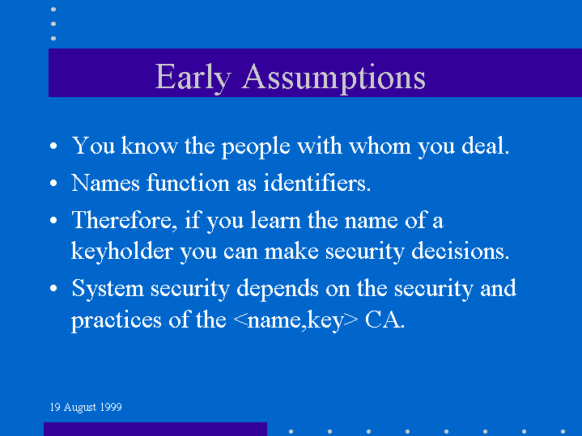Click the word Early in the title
[x=193, y=77]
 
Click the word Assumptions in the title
[x=333, y=77]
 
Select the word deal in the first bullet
[x=486, y=146]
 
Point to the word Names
[x=105, y=183]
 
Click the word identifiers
[x=317, y=183]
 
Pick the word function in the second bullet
[x=188, y=183]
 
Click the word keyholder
[x=122, y=252]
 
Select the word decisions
[x=461, y=252]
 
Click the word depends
[x=278, y=288]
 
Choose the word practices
[x=117, y=320]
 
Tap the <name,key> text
[x=296, y=320]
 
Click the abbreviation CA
[x=385, y=320]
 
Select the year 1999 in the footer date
[x=111, y=407]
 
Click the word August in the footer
[x=80, y=408]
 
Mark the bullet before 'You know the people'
[x=53, y=146]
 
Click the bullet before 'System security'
[x=53, y=288]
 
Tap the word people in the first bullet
[x=256, y=146]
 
